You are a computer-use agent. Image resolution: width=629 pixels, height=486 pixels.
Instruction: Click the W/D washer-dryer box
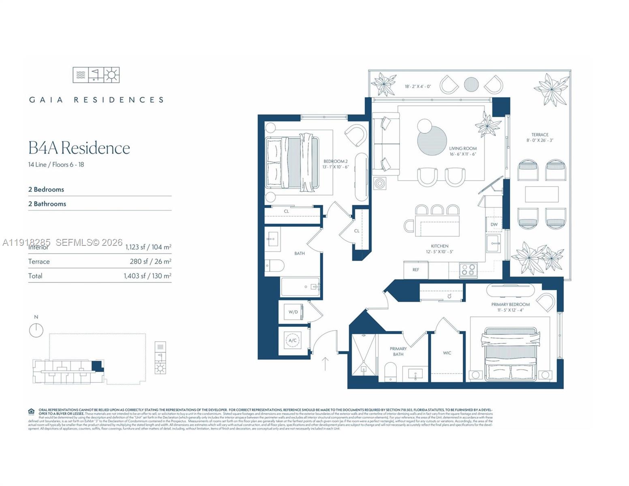pyautogui.click(x=293, y=312)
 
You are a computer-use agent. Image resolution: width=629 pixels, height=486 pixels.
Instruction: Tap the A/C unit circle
pyautogui.click(x=293, y=340)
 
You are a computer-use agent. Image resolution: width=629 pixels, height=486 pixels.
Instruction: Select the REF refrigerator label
pyautogui.click(x=416, y=270)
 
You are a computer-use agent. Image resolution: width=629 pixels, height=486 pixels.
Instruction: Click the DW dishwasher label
pyautogui.click(x=494, y=224)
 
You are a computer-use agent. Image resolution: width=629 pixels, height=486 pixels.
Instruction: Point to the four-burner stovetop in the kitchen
pyautogui.click(x=468, y=270)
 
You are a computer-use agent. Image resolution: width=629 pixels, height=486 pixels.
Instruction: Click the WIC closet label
pyautogui.click(x=447, y=353)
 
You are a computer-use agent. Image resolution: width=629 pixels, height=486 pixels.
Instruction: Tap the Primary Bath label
pyautogui.click(x=398, y=351)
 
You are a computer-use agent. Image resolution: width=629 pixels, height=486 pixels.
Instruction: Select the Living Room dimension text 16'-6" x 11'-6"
pyautogui.click(x=463, y=154)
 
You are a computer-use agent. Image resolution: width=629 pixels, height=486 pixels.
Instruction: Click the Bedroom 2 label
pyautogui.click(x=336, y=161)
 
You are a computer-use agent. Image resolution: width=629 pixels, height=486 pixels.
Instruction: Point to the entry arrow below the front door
pyautogui.click(x=325, y=364)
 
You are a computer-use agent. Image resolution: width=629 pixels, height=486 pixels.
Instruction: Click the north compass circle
pyautogui.click(x=36, y=330)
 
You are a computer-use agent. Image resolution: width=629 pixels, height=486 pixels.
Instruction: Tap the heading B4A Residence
pyautogui.click(x=79, y=148)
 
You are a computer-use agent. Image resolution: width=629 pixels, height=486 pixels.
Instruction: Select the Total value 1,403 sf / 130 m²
pyautogui.click(x=148, y=276)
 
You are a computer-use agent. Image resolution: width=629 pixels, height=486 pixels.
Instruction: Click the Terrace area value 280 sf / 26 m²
pyautogui.click(x=150, y=262)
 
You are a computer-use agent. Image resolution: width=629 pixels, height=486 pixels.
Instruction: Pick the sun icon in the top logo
pyautogui.click(x=111, y=75)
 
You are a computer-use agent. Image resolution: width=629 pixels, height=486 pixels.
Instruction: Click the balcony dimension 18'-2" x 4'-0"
pyautogui.click(x=418, y=87)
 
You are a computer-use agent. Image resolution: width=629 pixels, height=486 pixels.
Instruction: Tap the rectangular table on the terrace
pyautogui.click(x=541, y=194)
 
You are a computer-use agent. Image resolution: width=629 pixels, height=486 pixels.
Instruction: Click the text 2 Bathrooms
pyautogui.click(x=47, y=204)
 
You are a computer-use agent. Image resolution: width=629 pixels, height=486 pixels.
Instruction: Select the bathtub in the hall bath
pyautogui.click(x=300, y=287)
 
